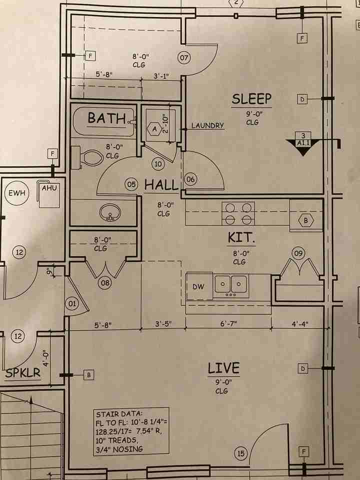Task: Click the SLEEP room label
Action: pyautogui.click(x=251, y=99)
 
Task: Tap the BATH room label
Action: pyautogui.click(x=106, y=118)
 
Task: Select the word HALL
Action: pyautogui.click(x=161, y=185)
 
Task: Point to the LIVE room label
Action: pyautogui.click(x=223, y=368)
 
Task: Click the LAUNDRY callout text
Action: pyautogui.click(x=207, y=126)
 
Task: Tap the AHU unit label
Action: pyautogui.click(x=48, y=188)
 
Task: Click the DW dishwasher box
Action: pyautogui.click(x=198, y=286)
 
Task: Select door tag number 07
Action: pyautogui.click(x=184, y=58)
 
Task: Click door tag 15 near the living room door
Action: pyautogui.click(x=241, y=453)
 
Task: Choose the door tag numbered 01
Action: pyautogui.click(x=71, y=303)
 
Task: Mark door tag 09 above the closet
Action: pyautogui.click(x=298, y=253)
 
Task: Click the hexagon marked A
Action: pyautogui.click(x=154, y=128)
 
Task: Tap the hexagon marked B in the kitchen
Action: pyautogui.click(x=305, y=220)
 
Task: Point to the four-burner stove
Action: pyautogui.click(x=238, y=213)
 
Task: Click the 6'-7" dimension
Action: pyautogui.click(x=228, y=324)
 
